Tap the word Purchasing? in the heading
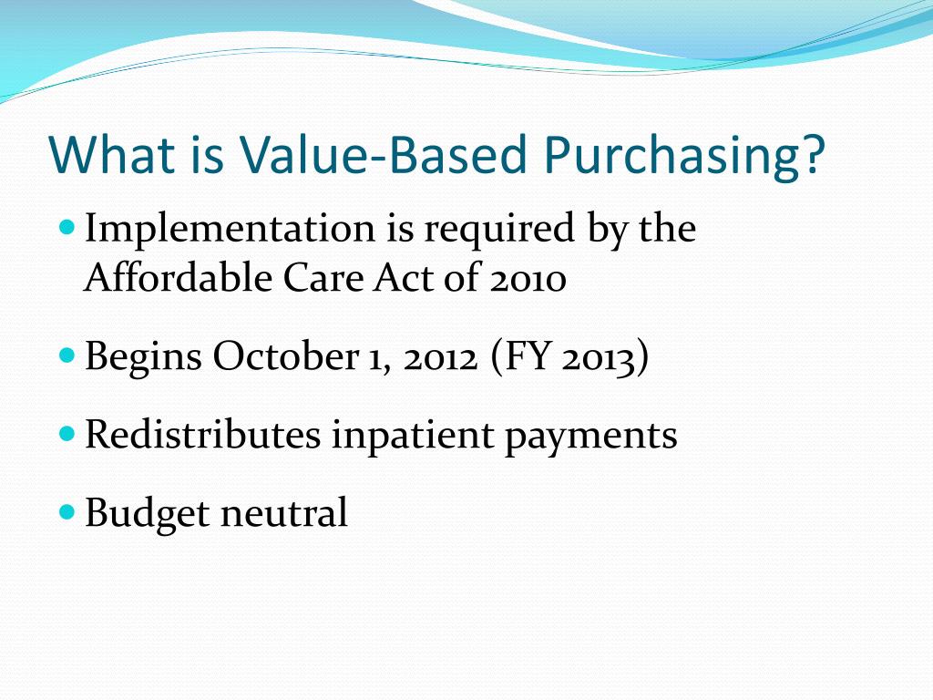(x=685, y=156)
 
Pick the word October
(x=284, y=357)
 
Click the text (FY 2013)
(x=569, y=357)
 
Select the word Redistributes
(x=202, y=435)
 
